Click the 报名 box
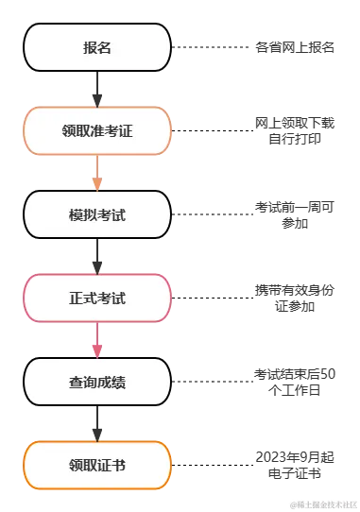pyautogui.click(x=97, y=47)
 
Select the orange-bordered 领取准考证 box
pyautogui.click(x=97, y=130)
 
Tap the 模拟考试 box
pyautogui.click(x=97, y=214)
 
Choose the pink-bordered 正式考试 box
pyautogui.click(x=97, y=298)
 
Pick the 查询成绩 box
pyautogui.click(x=97, y=382)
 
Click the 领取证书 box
pyautogui.click(x=97, y=465)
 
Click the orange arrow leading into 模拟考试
pyautogui.click(x=97, y=173)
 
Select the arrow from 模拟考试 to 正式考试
pyautogui.click(x=97, y=256)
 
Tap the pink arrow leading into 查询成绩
pyautogui.click(x=97, y=340)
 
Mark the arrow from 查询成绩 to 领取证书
pyautogui.click(x=97, y=423)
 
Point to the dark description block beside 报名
pyautogui.click(x=294, y=45)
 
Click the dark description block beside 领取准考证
pyautogui.click(x=294, y=131)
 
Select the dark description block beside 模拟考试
pyautogui.click(x=294, y=213)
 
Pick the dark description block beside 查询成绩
pyautogui.click(x=294, y=381)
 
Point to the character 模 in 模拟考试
pyautogui.click(x=76, y=214)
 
